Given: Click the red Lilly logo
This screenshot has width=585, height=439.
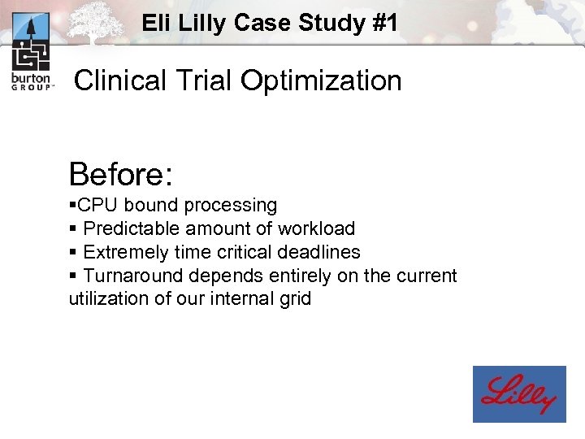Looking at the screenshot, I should click(x=519, y=394).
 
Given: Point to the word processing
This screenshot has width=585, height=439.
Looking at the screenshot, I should click(x=231, y=205).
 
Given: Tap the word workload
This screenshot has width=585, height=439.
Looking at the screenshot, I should click(x=316, y=228).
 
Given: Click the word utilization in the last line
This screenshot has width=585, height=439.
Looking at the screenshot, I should click(x=105, y=298).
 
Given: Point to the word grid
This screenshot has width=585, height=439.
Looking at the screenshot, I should click(x=293, y=298).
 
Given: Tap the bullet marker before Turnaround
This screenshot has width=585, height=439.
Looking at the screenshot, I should click(x=73, y=276).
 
